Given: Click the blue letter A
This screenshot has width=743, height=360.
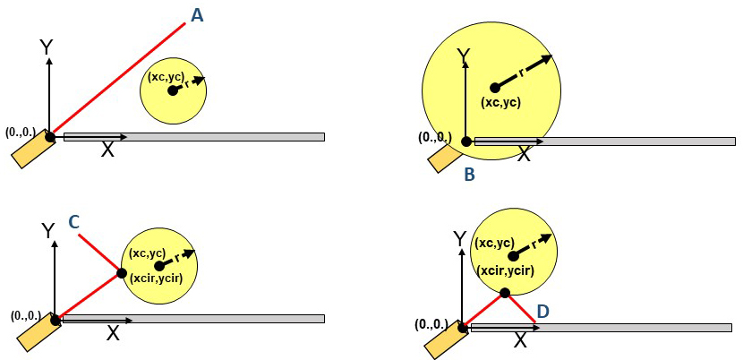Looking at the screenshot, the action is click(x=197, y=15).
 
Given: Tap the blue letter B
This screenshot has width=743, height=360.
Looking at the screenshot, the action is click(x=469, y=175).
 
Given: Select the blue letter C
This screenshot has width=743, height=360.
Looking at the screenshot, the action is click(x=74, y=221).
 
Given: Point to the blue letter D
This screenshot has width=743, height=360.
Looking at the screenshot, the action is click(x=544, y=312).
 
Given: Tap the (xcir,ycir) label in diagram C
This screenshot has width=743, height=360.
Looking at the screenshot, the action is click(x=156, y=279).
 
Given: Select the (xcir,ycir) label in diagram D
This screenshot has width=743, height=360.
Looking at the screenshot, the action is click(x=506, y=270).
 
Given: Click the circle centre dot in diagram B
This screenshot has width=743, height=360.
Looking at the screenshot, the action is click(x=495, y=87).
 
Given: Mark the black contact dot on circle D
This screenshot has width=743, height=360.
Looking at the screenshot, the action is click(x=505, y=293).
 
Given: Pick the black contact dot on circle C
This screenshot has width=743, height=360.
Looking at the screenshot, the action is click(x=121, y=274).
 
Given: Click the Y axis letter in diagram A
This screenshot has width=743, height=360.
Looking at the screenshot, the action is click(x=46, y=47).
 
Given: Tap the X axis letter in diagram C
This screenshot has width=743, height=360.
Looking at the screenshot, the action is click(x=113, y=333).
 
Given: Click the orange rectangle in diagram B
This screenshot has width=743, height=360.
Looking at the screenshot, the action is click(x=445, y=158).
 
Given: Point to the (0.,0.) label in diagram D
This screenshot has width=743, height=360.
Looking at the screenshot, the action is click(x=431, y=325).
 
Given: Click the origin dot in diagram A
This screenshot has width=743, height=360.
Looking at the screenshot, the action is click(x=50, y=138).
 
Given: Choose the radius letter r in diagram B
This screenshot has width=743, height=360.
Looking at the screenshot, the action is click(x=522, y=73).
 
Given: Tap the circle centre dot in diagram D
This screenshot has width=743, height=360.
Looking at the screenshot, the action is click(x=512, y=256).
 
